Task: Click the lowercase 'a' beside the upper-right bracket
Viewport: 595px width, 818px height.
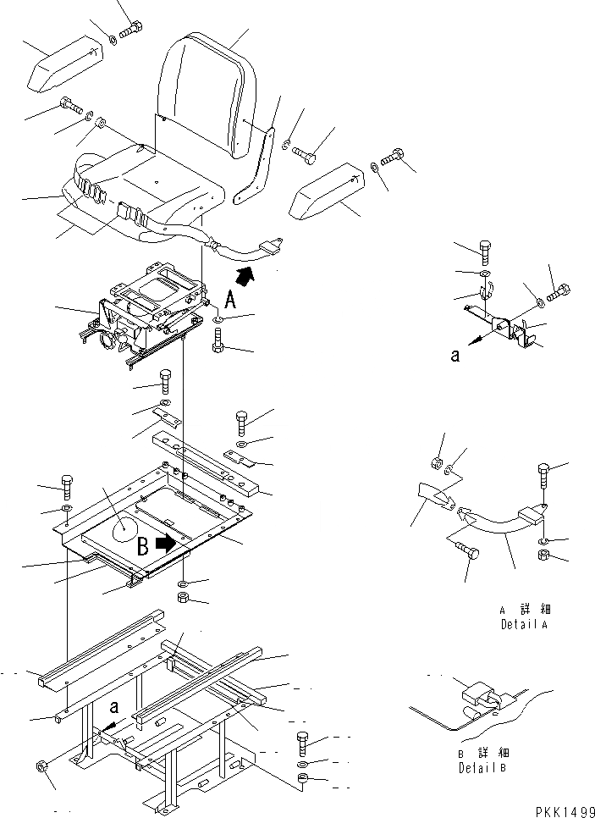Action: coord(455,356)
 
